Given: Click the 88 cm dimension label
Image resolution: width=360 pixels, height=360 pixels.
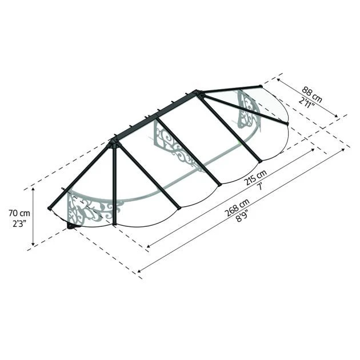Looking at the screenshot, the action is coord(312,94).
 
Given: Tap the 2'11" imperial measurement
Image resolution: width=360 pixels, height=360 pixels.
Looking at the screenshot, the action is coord(306,103).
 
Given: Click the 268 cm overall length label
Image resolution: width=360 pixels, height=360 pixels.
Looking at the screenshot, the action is coord(237,208).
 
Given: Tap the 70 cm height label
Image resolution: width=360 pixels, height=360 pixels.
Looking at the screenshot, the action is coord(19,213).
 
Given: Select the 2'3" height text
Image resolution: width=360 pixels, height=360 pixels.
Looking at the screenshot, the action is coord(19,223).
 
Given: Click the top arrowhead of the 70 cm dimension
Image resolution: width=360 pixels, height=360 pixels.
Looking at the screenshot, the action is coord(33,189).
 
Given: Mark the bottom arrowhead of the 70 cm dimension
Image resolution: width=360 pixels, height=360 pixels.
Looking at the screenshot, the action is coord(33,244).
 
